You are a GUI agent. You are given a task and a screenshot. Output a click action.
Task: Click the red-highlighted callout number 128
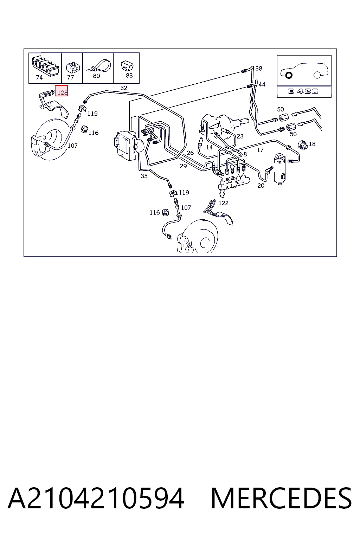click(x=62, y=92)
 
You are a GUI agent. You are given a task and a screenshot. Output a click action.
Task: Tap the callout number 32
click(x=124, y=88)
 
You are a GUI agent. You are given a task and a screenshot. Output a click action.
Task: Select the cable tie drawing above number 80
click(x=99, y=66)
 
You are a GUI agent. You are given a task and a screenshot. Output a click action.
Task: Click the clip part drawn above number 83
click(x=127, y=66)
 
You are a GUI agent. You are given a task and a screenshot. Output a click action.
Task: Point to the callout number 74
click(x=39, y=77)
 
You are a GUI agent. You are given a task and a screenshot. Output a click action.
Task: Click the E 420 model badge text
click(x=303, y=91)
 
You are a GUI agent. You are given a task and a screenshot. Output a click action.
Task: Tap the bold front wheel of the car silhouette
click(x=289, y=76)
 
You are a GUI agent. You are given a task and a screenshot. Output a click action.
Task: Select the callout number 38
click(x=259, y=69)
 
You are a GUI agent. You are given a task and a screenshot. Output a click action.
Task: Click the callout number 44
click(x=262, y=84)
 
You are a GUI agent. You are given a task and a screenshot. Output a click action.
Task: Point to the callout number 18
click(x=312, y=144)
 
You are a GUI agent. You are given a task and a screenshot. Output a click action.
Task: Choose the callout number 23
click(x=240, y=136)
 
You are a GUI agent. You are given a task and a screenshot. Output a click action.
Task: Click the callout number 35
click(x=144, y=176)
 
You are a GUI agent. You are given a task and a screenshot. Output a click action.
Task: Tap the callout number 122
click(x=223, y=203)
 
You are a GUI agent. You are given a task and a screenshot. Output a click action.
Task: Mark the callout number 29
click(x=183, y=166)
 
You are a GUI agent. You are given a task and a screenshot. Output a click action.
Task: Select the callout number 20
click(x=261, y=186)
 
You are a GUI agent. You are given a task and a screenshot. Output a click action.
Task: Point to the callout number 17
click(x=260, y=150)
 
